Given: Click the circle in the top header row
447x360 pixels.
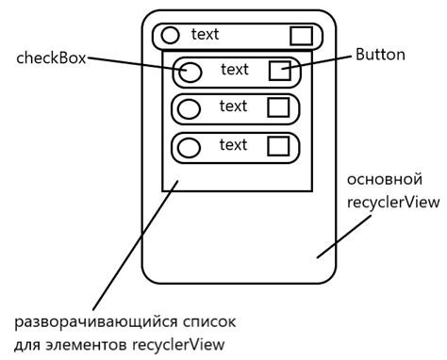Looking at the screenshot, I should pos(171,36).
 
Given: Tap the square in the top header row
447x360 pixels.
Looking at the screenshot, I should pos(300,36).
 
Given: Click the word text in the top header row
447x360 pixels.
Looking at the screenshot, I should pos(205,35).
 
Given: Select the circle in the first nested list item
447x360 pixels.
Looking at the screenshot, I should pos(190,71).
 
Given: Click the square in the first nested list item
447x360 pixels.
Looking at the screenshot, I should pos(279,70).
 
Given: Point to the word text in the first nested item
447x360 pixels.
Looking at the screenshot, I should pos(234,69).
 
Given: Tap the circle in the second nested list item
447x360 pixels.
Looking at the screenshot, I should pos(190,108).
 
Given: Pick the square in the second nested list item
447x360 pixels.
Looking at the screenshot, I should pos(278,107).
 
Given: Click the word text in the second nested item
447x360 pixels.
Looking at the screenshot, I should pos(233,106).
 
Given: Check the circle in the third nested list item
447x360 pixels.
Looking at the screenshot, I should pos(190,147).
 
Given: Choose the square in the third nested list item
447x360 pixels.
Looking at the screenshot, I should pos(278,146).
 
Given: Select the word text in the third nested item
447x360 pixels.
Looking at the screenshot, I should pos(233,144).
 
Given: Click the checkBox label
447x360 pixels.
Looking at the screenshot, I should pos(52,58).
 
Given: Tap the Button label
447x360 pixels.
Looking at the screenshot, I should pos(380,55).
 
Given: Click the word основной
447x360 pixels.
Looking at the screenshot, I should pos(381,179).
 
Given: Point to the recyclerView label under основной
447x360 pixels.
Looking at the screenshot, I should pos(386,202).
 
